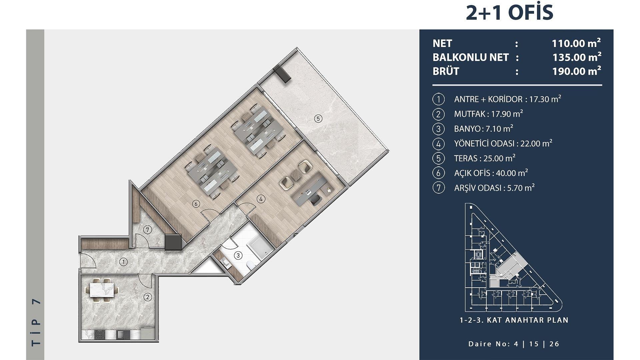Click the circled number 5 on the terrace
point(318,118)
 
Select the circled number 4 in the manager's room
point(261,199)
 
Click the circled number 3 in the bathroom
point(238,256)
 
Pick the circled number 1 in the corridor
point(124,262)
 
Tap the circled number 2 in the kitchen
point(148,297)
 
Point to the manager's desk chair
point(316,200)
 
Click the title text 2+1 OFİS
point(509,13)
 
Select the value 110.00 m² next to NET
point(576,43)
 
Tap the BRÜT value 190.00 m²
point(577,71)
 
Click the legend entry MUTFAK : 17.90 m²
point(488,114)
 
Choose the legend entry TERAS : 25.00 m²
point(485,158)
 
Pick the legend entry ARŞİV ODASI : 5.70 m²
point(494,188)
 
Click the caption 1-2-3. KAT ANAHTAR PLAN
point(514,320)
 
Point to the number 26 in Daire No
point(554,344)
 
